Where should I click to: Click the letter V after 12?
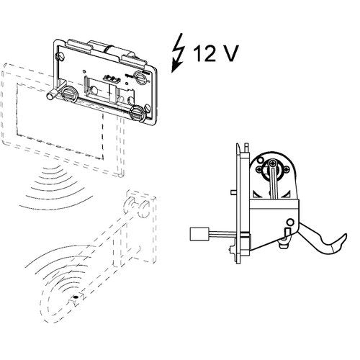click(229, 53)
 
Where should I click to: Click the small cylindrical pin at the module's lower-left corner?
click(53, 94)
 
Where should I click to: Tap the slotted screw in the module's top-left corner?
click(58, 57)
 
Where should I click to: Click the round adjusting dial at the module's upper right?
click(140, 77)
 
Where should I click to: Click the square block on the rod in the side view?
click(199, 234)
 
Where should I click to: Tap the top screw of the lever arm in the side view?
click(273, 163)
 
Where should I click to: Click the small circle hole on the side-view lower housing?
click(290, 222)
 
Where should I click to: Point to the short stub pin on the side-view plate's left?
click(233, 192)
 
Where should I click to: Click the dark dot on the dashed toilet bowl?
click(76, 297)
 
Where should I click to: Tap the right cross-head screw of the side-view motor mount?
click(287, 170)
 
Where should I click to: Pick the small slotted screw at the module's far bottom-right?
click(148, 108)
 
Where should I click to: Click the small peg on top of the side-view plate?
click(246, 147)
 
